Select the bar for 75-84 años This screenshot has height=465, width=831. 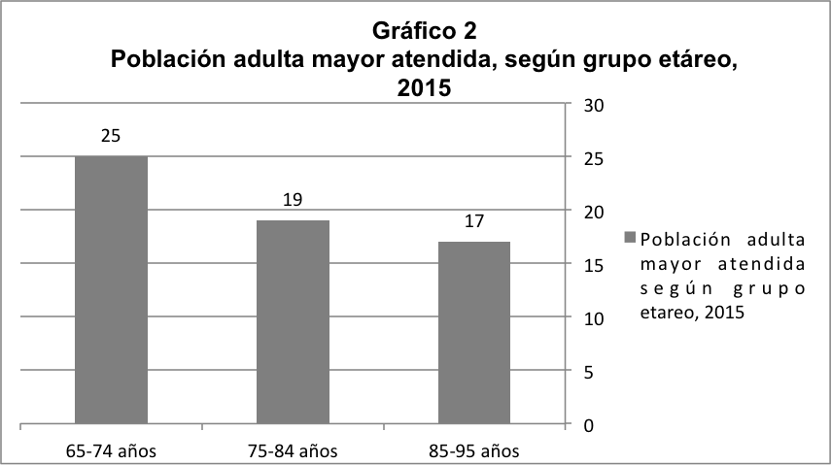pyautogui.click(x=293, y=322)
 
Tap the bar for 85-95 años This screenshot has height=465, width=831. pyautogui.click(x=473, y=333)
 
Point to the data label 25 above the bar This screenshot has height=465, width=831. pyautogui.click(x=111, y=136)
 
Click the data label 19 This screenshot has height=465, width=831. pyautogui.click(x=293, y=200)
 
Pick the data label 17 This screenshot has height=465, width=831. pyautogui.click(x=473, y=221)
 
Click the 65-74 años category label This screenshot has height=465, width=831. pyautogui.click(x=111, y=450)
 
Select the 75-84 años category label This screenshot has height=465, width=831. pyautogui.click(x=293, y=450)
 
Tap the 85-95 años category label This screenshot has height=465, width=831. pyautogui.click(x=473, y=450)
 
